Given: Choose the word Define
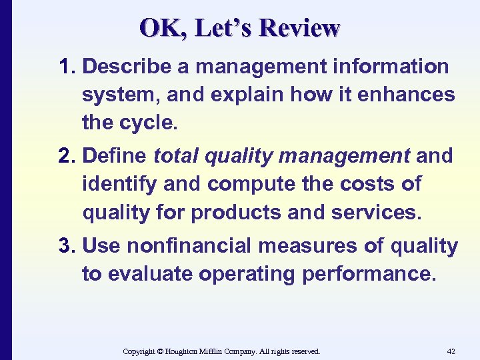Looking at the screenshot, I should coord(116,156).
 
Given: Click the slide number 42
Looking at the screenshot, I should coord(451,351).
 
